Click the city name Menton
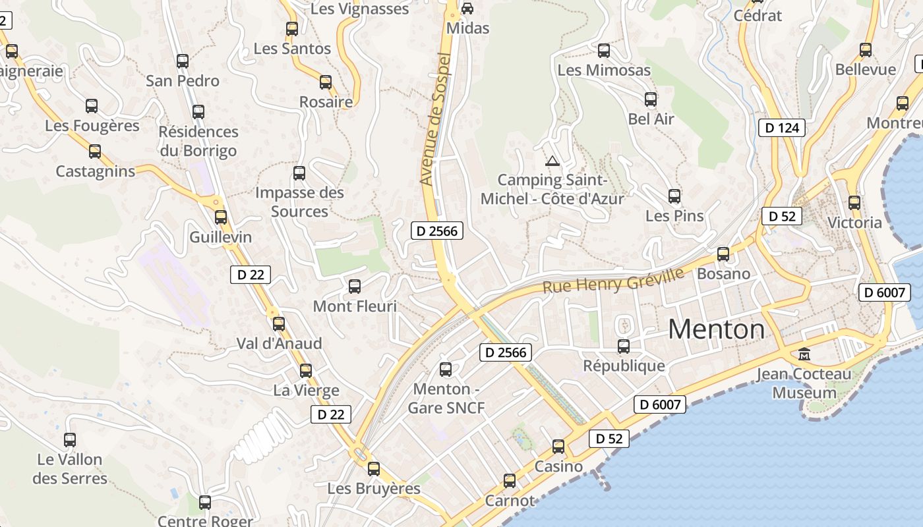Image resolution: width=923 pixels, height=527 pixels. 717,329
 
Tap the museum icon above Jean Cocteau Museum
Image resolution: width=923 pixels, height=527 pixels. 804,354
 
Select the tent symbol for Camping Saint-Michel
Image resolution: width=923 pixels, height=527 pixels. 552,160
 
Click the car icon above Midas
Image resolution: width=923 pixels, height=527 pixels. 467,9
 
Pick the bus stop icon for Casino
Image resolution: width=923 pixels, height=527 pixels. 558,447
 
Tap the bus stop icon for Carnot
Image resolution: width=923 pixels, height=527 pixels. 510,481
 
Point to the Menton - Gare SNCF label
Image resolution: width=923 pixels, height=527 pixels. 446,399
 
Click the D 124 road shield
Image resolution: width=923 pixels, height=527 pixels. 783,128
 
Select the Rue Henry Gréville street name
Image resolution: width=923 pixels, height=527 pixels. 613,281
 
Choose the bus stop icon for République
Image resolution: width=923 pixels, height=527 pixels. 624,346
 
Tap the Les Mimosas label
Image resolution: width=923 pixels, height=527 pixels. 604,70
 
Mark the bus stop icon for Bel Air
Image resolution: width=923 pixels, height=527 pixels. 651,99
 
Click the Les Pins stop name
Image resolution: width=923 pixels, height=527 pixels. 674,216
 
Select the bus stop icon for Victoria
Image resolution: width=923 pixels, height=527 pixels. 854,203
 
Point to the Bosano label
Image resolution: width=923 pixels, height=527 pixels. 723,273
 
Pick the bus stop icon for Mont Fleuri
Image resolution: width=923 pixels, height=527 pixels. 355,287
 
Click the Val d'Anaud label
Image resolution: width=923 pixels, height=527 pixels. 279,343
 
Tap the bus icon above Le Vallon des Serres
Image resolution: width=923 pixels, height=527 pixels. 70,440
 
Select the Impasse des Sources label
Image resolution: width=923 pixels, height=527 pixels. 299,202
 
